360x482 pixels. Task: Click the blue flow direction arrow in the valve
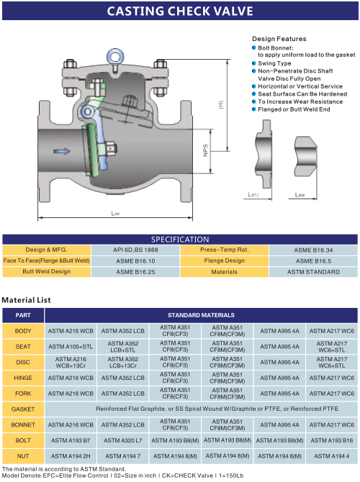pyautogui.click(x=61, y=151)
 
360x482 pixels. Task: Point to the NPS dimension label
pyautogui.click(x=205, y=150)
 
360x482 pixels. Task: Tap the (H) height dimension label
pyautogui.click(x=221, y=104)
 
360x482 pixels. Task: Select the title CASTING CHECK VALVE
pyautogui.click(x=180, y=11)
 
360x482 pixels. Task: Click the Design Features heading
pyautogui.click(x=279, y=39)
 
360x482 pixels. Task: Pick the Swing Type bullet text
pyautogui.click(x=274, y=63)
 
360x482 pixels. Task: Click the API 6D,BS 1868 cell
pyautogui.click(x=135, y=250)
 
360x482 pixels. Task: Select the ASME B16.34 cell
pyautogui.click(x=313, y=250)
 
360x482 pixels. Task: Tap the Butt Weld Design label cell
pyautogui.click(x=47, y=272)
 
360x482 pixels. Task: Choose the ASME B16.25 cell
pyautogui.click(x=135, y=272)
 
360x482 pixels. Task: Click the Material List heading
pyautogui.click(x=26, y=300)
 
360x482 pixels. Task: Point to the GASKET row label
pyautogui.click(x=23, y=409)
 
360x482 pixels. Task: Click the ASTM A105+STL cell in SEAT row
pyautogui.click(x=71, y=347)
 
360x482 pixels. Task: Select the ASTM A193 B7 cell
pyautogui.click(x=71, y=440)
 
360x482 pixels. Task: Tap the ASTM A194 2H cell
pyautogui.click(x=71, y=456)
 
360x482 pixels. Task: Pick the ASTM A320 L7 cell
pyautogui.click(x=123, y=440)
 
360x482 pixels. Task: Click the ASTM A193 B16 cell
pyautogui.click(x=332, y=440)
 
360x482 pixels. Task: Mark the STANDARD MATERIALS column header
pyautogui.click(x=201, y=315)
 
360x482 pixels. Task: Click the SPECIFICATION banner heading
pyautogui.click(x=180, y=239)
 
